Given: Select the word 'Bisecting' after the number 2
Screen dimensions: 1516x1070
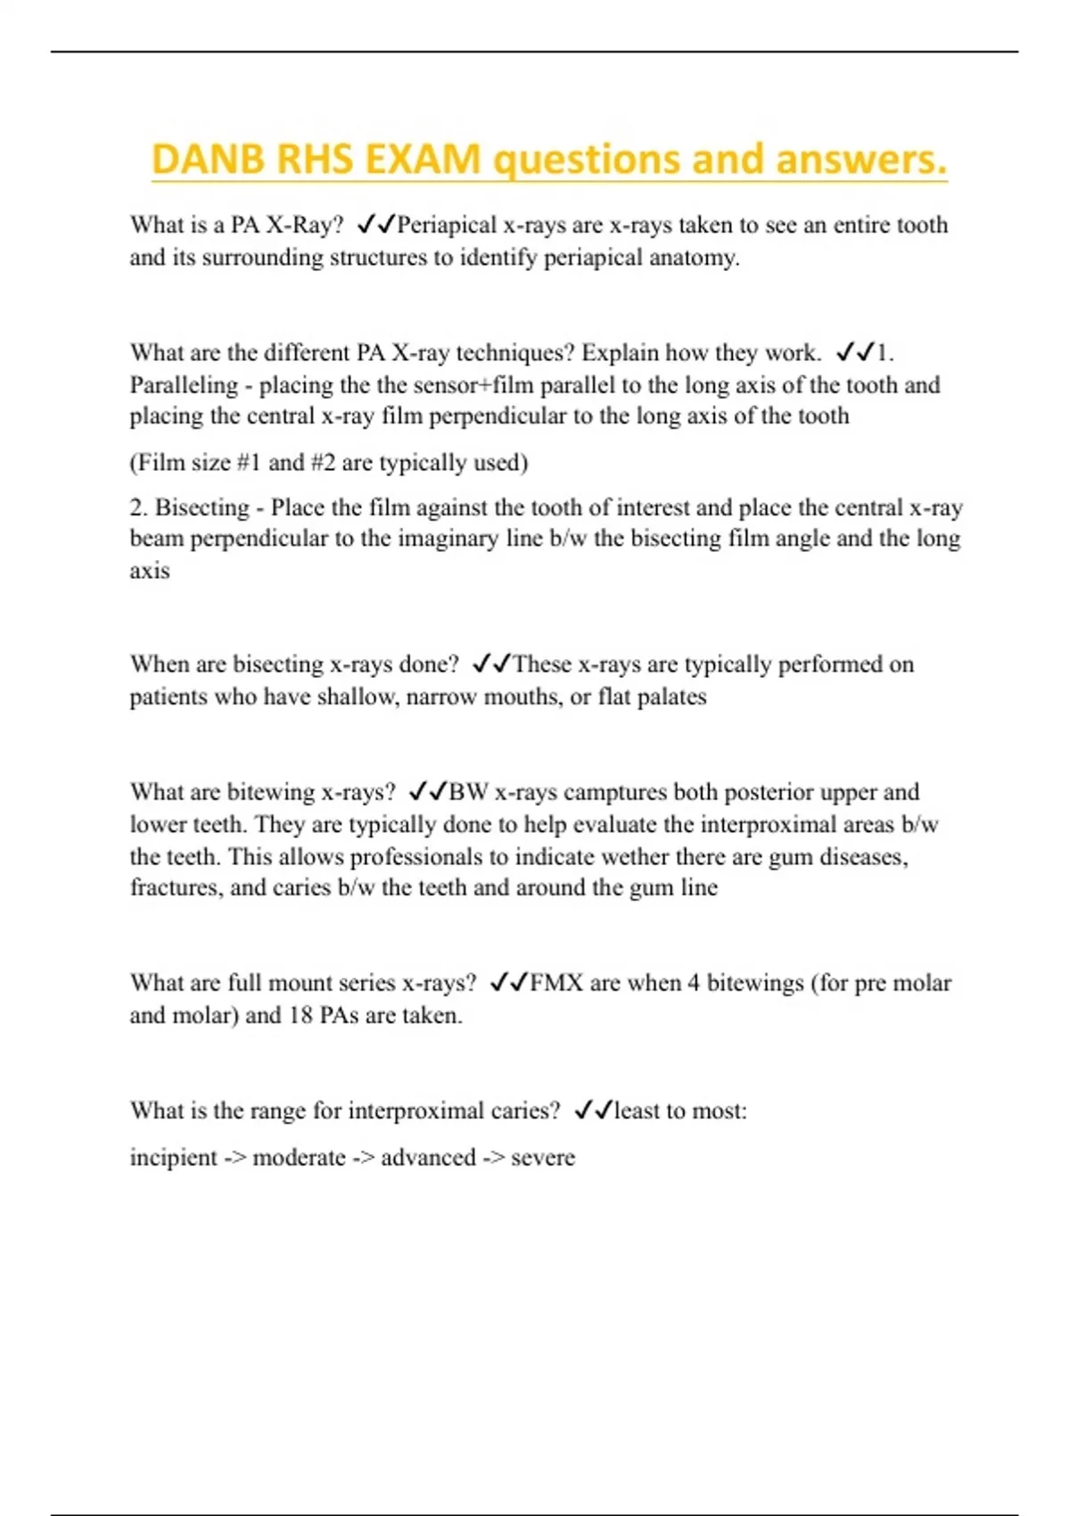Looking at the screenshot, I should (202, 507).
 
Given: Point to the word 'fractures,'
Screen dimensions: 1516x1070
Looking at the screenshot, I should (176, 887).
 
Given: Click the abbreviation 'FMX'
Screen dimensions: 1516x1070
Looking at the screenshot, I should (556, 983).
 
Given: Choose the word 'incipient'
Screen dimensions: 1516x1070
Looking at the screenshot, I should (173, 1158).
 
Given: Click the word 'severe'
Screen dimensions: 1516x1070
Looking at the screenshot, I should (542, 1158).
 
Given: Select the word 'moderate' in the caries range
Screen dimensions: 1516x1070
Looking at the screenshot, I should (299, 1158).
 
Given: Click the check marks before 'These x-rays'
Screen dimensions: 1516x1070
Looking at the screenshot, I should (491, 664).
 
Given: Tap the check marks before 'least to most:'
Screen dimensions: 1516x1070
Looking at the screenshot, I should (593, 1110).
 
